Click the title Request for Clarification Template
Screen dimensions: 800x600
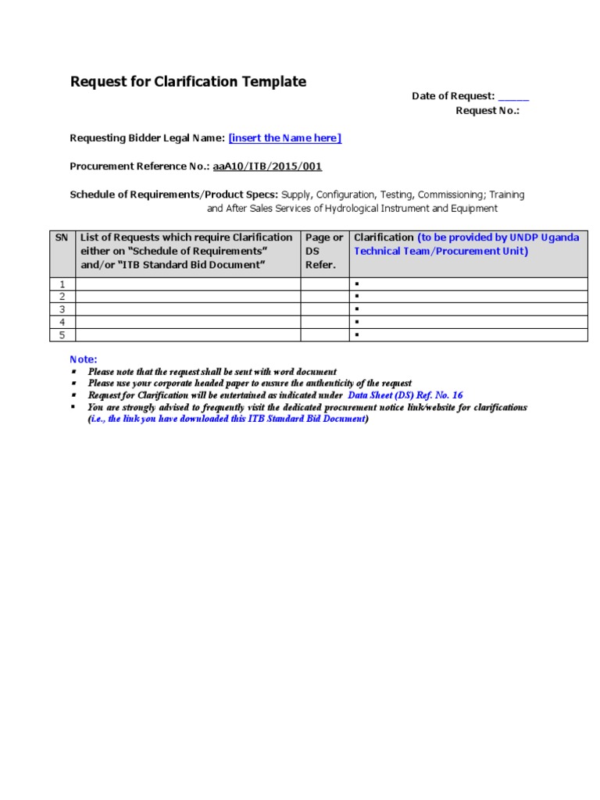188,82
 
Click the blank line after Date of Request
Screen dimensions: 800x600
513,97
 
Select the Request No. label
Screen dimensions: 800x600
487,111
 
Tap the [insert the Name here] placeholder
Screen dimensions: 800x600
284,138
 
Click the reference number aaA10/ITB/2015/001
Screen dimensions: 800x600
267,166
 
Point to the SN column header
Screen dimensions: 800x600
61,237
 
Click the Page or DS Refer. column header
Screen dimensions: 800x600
323,251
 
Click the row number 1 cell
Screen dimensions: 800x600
62,284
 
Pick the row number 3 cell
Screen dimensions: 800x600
62,309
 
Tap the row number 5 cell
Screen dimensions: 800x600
62,335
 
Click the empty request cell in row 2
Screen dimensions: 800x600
187,297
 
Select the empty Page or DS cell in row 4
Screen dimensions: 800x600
324,322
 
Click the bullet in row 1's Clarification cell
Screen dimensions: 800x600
356,284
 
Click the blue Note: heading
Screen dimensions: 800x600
84,359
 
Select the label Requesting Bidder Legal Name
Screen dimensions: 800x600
147,138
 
